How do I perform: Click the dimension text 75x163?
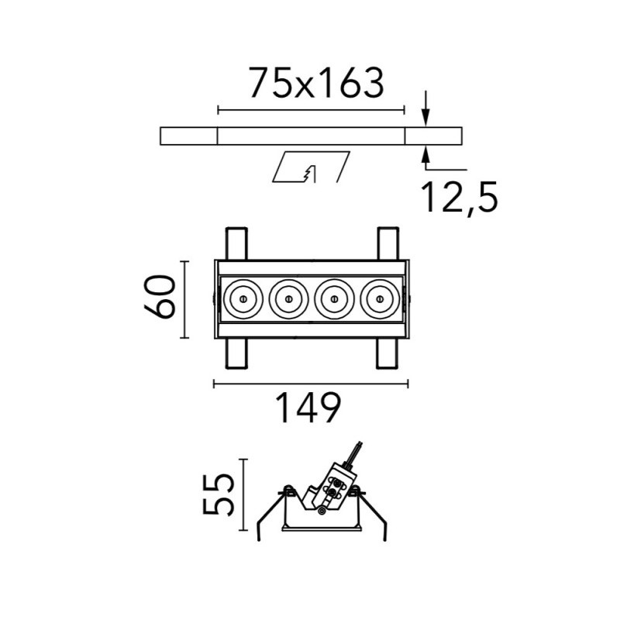[x=316, y=83]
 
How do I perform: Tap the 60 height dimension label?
[x=160, y=298]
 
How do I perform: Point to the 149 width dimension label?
[x=308, y=408]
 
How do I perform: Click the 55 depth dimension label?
[x=217, y=495]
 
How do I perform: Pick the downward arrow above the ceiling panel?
[x=425, y=108]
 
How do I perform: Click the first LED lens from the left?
[x=243, y=298]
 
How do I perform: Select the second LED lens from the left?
[x=288, y=298]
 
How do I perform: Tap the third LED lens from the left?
[x=334, y=298]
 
